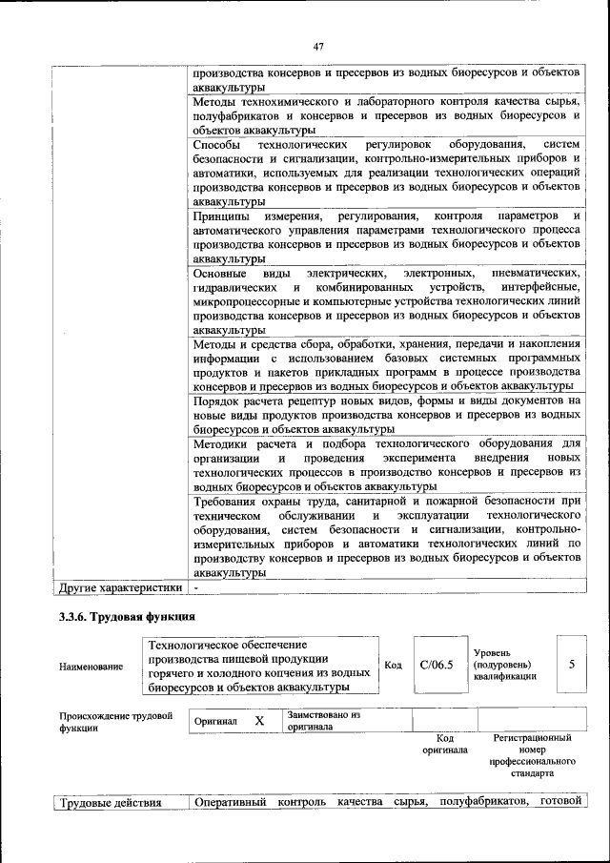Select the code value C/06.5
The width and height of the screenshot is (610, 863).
click(436, 664)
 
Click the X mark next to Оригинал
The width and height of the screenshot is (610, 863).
click(259, 722)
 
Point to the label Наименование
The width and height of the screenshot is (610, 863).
click(91, 666)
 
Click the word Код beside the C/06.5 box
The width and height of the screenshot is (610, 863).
click(393, 664)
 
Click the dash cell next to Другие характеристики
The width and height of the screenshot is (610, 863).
click(195, 587)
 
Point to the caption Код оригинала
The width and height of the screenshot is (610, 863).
click(444, 744)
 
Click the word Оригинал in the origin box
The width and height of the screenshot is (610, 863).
click(215, 722)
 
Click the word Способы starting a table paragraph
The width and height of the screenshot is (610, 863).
click(217, 144)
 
